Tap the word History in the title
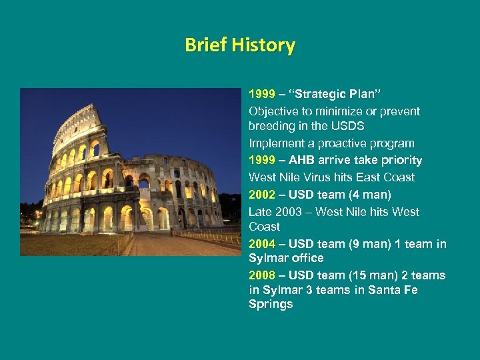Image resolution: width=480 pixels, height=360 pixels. (x=265, y=45)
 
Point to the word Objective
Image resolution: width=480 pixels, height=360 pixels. (x=274, y=111)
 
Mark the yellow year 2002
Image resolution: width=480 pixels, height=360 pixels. (x=262, y=195)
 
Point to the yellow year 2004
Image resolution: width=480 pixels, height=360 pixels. (x=262, y=244)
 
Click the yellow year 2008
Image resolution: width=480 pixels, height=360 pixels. (x=262, y=275)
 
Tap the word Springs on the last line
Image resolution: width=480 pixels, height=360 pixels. (x=271, y=304)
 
